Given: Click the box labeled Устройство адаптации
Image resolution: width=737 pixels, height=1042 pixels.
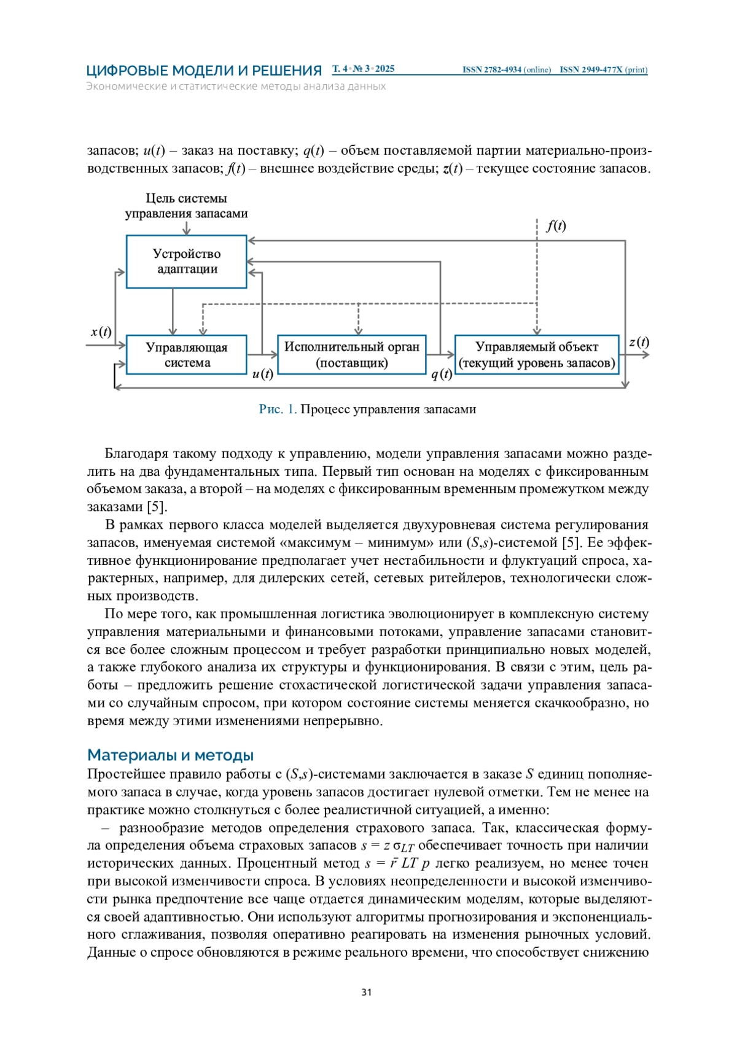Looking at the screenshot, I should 186,262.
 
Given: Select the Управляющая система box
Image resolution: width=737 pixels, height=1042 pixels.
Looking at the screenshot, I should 186,355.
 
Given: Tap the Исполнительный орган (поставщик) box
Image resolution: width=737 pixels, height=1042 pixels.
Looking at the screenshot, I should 351,355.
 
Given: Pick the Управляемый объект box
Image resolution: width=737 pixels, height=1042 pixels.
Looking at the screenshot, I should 537,355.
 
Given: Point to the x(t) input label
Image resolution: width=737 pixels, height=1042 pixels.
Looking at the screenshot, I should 101,332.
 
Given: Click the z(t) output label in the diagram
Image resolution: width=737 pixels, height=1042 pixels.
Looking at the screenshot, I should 639,342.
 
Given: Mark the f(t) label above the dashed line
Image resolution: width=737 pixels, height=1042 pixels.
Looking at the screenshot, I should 556,226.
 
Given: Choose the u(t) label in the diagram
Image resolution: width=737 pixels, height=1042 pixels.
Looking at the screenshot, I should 262,374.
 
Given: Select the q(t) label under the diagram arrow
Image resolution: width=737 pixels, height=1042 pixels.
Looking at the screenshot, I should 441,375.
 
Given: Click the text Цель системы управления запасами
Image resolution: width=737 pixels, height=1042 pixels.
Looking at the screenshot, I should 186,206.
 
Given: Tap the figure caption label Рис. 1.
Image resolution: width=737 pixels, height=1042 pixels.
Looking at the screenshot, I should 278,410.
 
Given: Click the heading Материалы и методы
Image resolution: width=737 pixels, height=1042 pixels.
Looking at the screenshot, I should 170,755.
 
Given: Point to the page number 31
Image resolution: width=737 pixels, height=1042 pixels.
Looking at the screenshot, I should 367,992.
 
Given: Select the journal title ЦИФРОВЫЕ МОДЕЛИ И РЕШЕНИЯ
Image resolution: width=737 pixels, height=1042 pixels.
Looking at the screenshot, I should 204,71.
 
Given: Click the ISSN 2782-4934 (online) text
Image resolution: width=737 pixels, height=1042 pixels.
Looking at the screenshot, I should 506,70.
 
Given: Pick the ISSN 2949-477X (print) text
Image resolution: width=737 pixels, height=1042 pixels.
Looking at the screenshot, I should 603,70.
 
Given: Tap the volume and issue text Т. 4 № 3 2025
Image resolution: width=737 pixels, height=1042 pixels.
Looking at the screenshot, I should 364,69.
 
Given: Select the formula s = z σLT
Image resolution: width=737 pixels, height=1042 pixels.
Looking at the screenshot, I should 388,846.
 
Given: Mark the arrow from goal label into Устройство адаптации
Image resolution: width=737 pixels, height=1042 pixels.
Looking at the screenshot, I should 186,228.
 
